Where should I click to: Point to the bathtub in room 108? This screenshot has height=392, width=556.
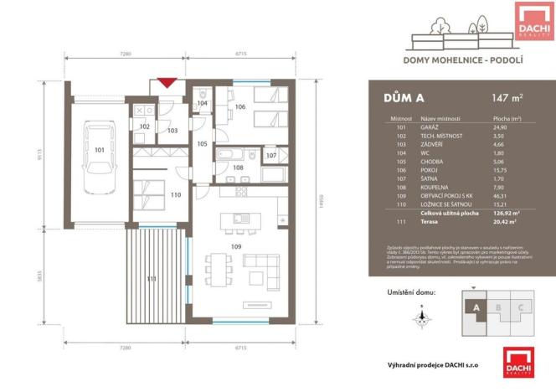(x=230, y=155)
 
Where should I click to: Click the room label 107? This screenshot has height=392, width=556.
(x=270, y=155)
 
